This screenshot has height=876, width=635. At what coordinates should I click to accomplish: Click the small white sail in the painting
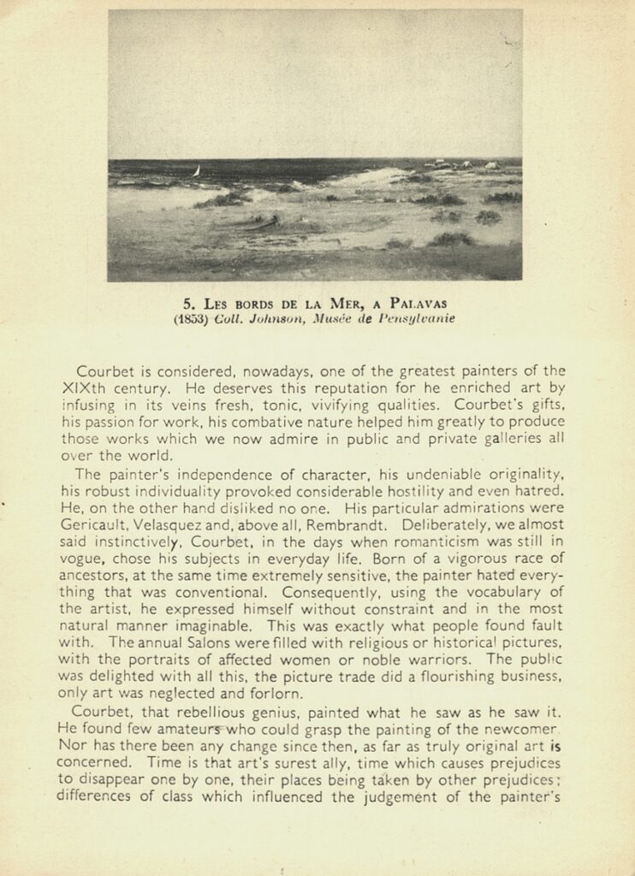click(x=198, y=171)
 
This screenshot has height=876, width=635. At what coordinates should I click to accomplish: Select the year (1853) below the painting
click(x=190, y=318)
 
